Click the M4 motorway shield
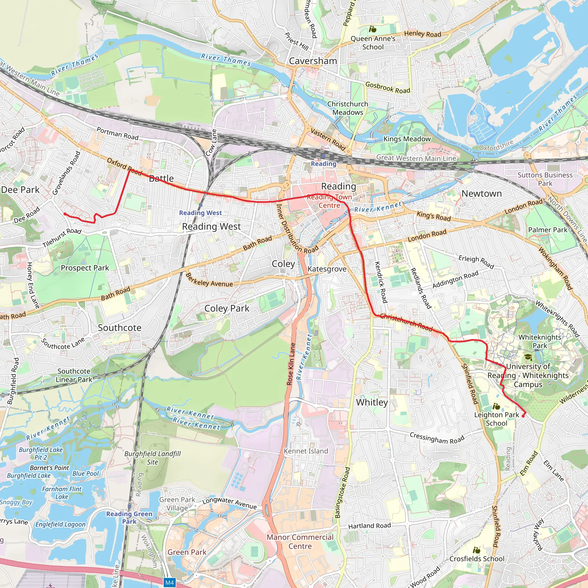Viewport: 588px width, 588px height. click(x=169, y=583)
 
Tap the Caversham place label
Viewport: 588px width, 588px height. click(x=313, y=61)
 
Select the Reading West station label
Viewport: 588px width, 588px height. click(x=200, y=213)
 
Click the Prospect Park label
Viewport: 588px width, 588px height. click(x=85, y=268)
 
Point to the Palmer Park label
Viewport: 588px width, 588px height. click(x=548, y=230)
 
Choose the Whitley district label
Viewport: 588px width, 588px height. click(x=372, y=402)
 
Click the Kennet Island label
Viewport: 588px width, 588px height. click(x=306, y=451)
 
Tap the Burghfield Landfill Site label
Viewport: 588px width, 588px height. click(x=152, y=458)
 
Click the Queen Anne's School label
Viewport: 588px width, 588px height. click(x=373, y=42)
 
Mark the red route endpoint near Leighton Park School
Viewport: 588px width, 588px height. click(x=523, y=416)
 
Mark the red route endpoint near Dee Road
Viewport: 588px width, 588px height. click(x=65, y=214)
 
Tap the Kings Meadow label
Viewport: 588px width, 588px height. click(x=407, y=139)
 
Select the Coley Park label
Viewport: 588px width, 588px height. click(x=227, y=308)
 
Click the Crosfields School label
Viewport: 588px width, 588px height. click(x=477, y=559)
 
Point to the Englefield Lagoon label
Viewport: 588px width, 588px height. click(x=61, y=524)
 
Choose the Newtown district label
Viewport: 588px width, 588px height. click(x=481, y=193)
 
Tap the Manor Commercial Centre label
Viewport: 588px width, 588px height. click(x=300, y=542)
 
